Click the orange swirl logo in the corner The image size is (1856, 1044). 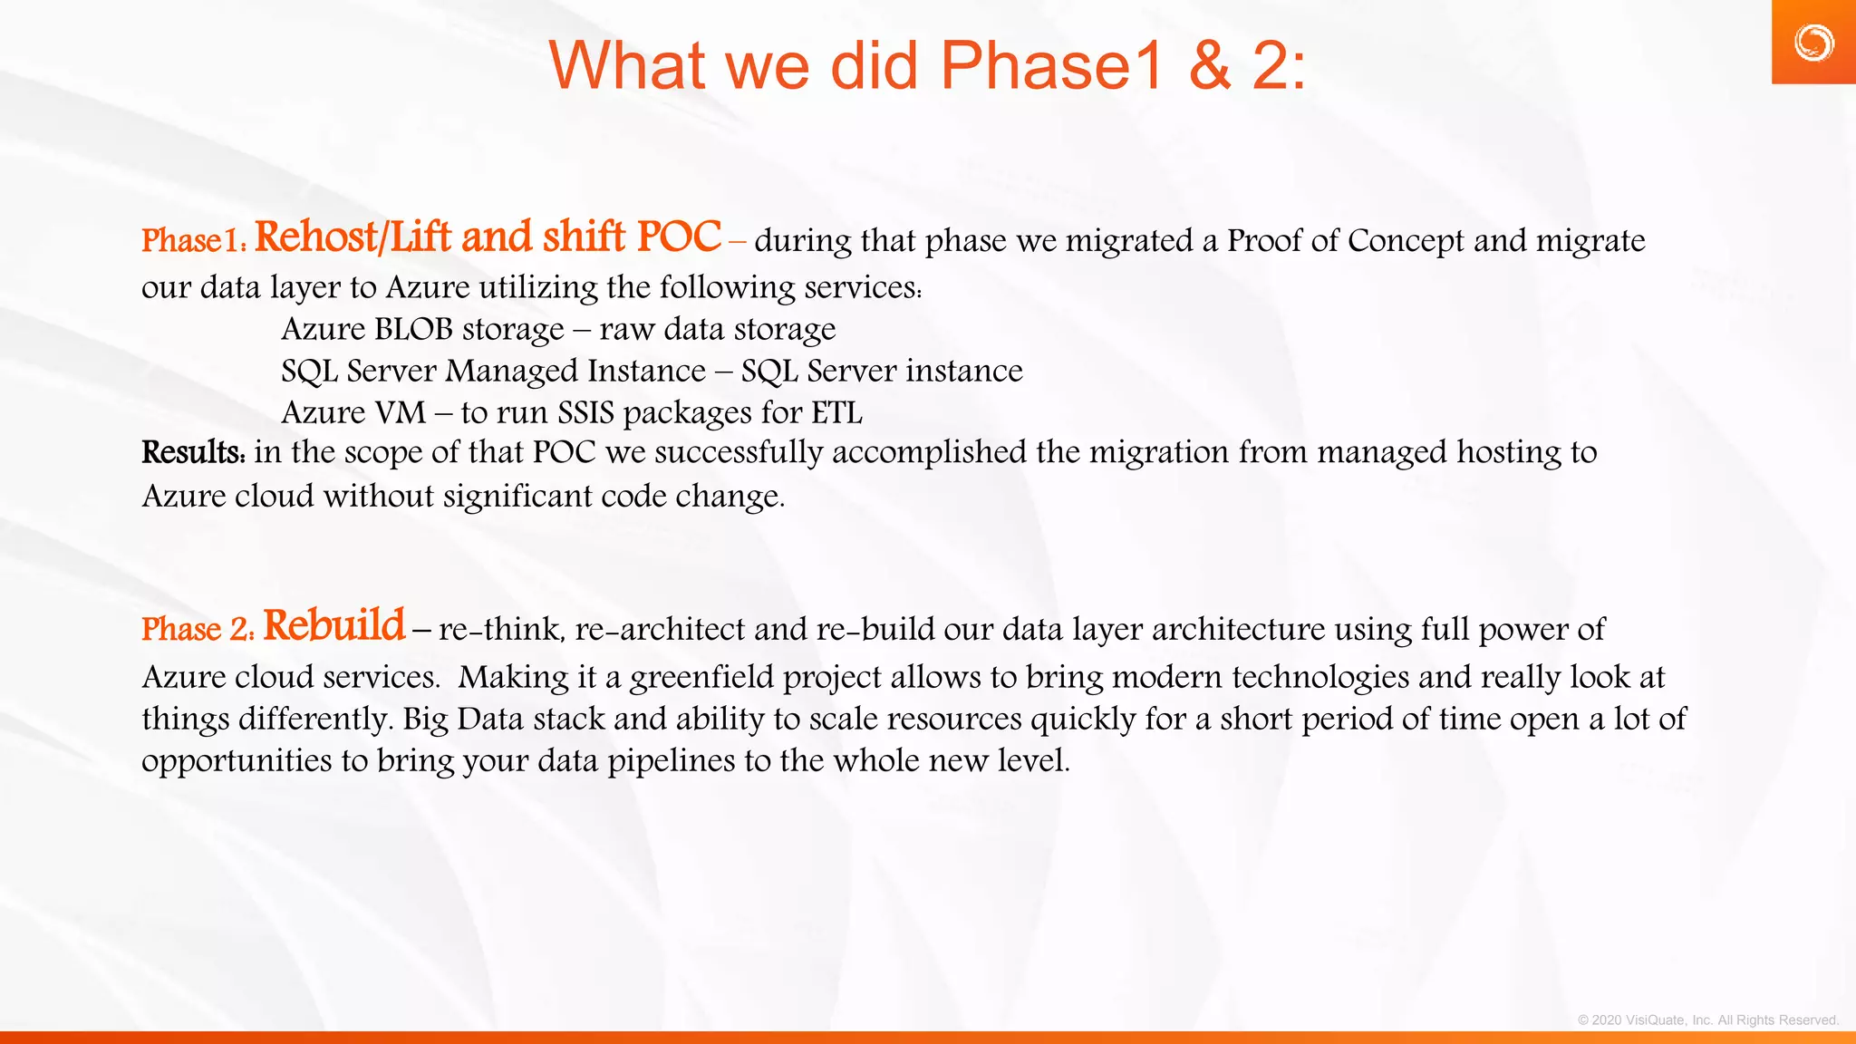[x=1813, y=43]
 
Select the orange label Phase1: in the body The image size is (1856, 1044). [x=194, y=241]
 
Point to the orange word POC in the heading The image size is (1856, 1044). [x=679, y=237]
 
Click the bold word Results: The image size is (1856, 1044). [x=193, y=452]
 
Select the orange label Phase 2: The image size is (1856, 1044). [x=198, y=629]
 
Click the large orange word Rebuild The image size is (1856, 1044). [x=334, y=625]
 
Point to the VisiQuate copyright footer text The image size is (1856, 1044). [x=1707, y=1020]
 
